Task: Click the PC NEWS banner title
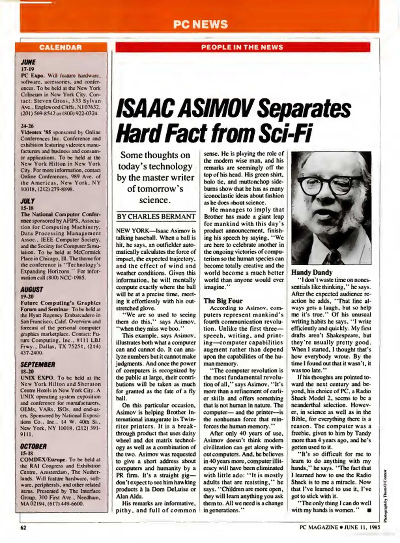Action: [201, 24]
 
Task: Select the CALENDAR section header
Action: [60, 47]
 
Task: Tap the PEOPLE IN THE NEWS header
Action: [242, 47]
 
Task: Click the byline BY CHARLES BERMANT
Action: [156, 216]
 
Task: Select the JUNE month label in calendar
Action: [28, 62]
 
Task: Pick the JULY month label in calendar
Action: [27, 201]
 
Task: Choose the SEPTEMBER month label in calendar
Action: [38, 365]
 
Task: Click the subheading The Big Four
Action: [223, 301]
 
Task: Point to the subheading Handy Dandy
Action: [312, 272]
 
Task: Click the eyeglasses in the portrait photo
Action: [327, 184]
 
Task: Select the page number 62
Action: [23, 527]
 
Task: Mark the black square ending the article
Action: [369, 510]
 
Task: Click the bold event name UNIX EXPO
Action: [37, 378]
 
